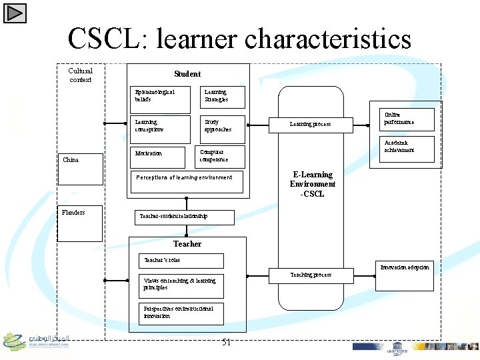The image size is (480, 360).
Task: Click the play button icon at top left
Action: click(x=15, y=12)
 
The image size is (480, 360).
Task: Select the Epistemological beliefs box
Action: click(x=161, y=96)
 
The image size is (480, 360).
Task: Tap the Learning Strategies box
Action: click(x=222, y=97)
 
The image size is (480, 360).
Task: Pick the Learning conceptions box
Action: click(x=161, y=127)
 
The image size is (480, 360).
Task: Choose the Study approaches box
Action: click(x=222, y=127)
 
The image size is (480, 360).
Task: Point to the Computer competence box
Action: click(x=221, y=156)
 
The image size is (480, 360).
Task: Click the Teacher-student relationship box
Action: click(x=185, y=217)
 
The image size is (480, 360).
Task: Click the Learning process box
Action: click(x=311, y=124)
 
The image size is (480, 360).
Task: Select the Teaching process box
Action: click(x=311, y=275)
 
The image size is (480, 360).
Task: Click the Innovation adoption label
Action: click(x=405, y=267)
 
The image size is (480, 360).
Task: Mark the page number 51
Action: click(x=226, y=343)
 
